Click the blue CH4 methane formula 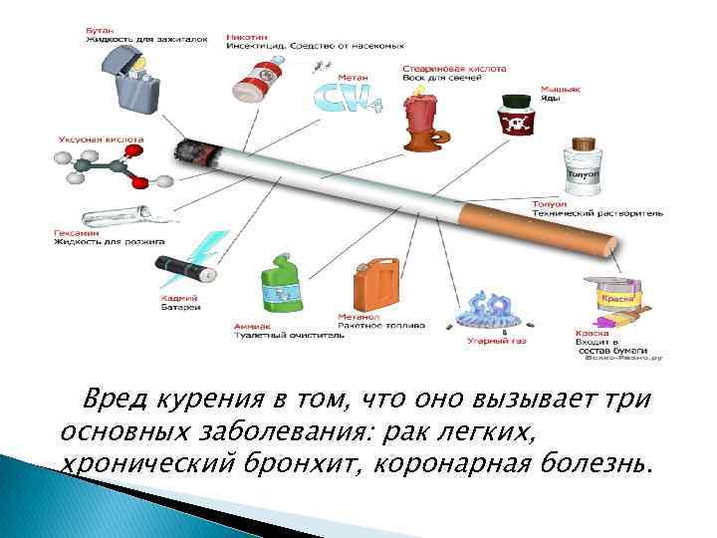(x=339, y=97)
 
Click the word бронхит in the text (x=286, y=464)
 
